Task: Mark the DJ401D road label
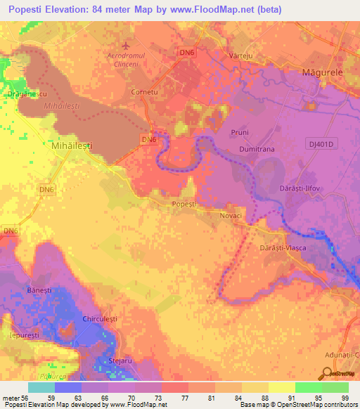(323, 144)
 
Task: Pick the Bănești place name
(39, 290)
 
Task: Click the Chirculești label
(98, 318)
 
